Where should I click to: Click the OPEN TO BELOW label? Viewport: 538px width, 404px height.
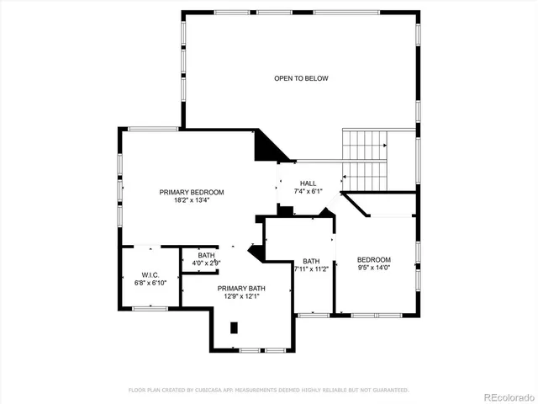(301, 78)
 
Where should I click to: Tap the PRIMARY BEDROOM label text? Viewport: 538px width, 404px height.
(192, 192)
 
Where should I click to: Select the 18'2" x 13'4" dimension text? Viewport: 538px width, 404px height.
(192, 200)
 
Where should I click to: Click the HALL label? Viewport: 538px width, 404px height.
(309, 183)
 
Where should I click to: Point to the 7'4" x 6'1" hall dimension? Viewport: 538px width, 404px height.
(309, 192)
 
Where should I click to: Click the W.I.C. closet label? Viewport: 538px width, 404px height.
(150, 275)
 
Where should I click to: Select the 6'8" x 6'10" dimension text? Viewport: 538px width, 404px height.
(150, 283)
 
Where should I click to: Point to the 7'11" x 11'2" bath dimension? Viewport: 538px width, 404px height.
(311, 269)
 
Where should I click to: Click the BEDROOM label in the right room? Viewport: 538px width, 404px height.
(373, 259)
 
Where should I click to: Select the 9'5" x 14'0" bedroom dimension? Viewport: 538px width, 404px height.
(373, 268)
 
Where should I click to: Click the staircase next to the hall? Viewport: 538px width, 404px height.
(364, 160)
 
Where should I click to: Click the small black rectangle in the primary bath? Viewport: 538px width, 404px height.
(235, 327)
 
